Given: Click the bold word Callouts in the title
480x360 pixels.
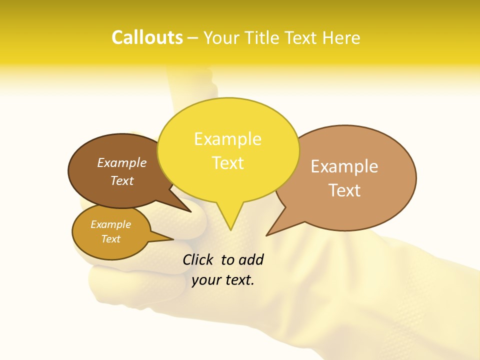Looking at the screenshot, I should [x=147, y=37].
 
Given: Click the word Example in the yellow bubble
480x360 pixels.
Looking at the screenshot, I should [x=227, y=139].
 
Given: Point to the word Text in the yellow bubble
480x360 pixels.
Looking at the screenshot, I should [x=227, y=163].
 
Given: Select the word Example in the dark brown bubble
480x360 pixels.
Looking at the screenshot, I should [x=122, y=163].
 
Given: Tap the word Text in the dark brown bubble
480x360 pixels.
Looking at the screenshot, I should [x=122, y=180].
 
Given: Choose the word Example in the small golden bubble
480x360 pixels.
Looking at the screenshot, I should [x=110, y=224].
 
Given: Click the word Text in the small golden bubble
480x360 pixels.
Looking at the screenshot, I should [x=110, y=239].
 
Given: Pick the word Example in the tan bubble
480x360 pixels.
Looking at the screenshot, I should [x=344, y=166].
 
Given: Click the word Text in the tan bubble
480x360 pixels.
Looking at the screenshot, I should [x=344, y=190].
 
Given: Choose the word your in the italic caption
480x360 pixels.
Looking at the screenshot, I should [x=206, y=280].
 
